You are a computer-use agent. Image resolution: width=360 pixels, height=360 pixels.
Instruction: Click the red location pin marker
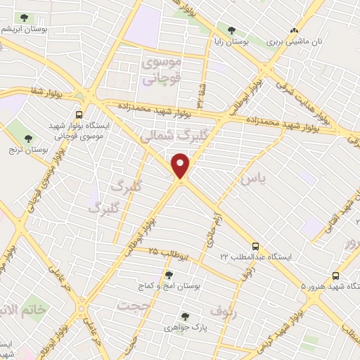click(181, 165)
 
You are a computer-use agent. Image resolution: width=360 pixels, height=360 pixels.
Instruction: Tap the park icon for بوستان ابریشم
click(25, 17)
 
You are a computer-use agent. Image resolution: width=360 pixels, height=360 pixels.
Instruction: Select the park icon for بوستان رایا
click(231, 29)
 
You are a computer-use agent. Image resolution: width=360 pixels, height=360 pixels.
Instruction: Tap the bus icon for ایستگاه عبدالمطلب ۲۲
click(255, 246)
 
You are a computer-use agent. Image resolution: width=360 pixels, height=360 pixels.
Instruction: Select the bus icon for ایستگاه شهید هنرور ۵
click(335, 276)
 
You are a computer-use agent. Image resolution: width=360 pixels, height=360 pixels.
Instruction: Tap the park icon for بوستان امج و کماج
click(168, 275)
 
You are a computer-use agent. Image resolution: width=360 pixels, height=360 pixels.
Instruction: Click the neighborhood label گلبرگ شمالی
click(165, 137)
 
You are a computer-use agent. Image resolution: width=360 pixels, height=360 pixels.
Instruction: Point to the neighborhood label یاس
click(253, 180)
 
